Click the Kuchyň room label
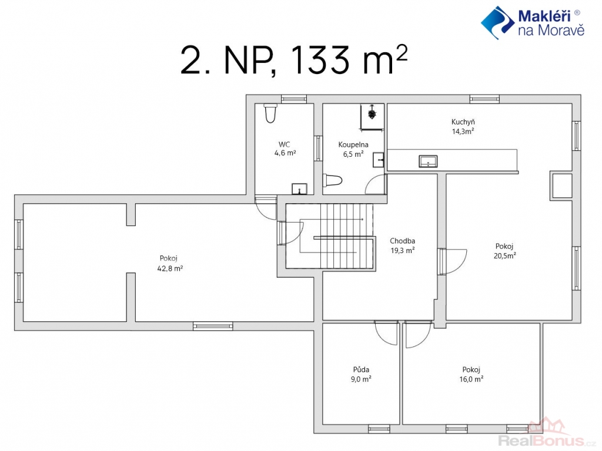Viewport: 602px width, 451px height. (x=463, y=122)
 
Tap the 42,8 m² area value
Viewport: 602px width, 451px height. (x=170, y=268)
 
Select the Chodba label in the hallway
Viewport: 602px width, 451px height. (x=402, y=241)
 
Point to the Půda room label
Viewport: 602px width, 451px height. (x=362, y=369)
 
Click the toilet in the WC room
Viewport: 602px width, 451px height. (x=270, y=113)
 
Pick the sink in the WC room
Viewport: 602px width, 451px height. (x=299, y=189)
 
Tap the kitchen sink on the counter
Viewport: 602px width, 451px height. (x=428, y=161)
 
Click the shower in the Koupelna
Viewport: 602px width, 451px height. (x=372, y=117)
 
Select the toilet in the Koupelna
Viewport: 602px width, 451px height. (x=333, y=180)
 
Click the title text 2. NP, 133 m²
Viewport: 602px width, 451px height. (x=294, y=60)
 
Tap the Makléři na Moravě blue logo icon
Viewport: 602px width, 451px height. (x=497, y=23)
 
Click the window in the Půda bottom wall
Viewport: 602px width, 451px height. (x=379, y=429)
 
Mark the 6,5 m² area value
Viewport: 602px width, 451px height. (x=353, y=154)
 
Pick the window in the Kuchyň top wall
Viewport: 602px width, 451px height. (x=484, y=99)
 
